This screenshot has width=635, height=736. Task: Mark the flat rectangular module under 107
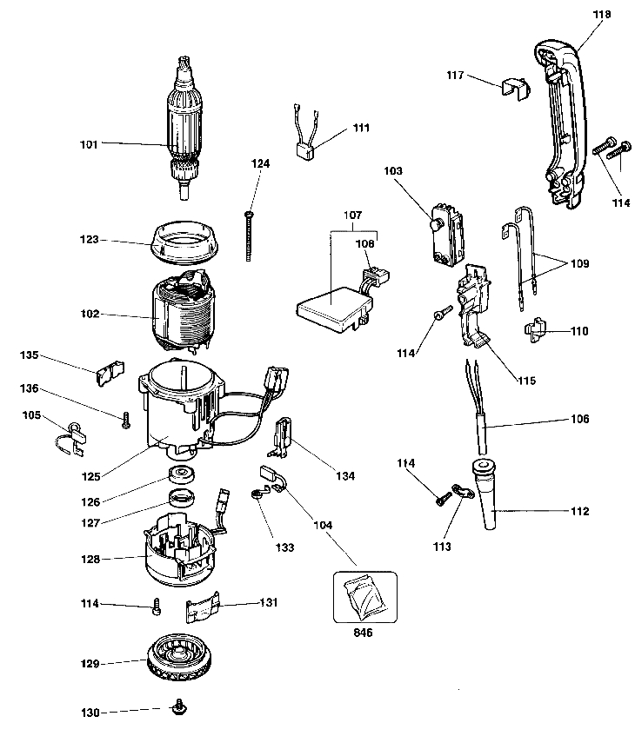(331, 308)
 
